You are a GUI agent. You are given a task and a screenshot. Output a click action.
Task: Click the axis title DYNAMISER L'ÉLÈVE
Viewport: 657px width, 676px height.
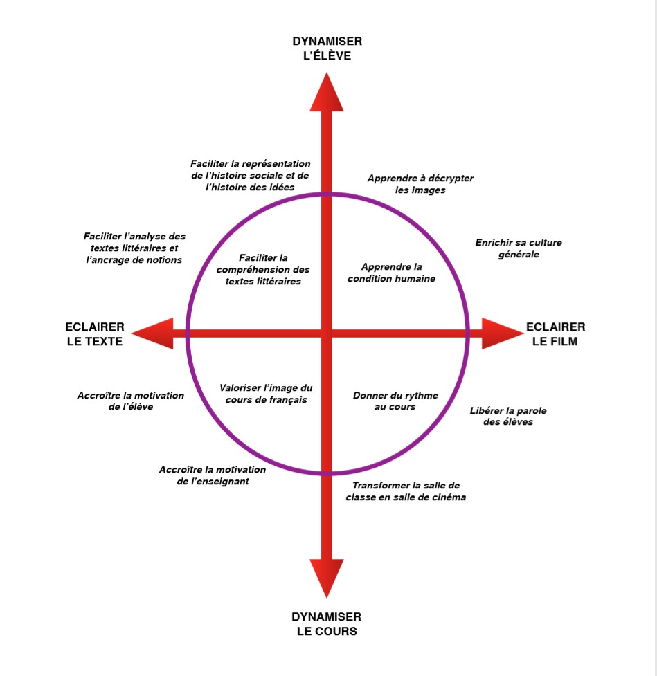326,48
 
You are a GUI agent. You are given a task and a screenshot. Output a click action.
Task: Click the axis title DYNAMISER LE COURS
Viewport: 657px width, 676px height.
326,624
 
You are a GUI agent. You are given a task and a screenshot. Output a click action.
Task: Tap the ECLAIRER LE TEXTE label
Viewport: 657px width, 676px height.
95,334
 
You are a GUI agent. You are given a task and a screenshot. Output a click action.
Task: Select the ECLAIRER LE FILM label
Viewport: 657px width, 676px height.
555,334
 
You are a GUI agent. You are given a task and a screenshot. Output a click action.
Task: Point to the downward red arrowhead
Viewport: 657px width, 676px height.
327,577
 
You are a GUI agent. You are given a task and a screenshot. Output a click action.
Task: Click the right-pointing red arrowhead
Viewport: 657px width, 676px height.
501,334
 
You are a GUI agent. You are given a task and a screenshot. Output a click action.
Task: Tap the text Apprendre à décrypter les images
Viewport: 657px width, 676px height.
420,184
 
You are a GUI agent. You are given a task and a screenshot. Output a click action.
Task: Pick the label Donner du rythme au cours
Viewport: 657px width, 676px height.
395,401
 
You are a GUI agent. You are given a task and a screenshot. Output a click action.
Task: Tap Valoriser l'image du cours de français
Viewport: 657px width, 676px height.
266,394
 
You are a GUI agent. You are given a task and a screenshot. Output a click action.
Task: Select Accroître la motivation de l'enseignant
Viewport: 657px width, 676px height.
213,475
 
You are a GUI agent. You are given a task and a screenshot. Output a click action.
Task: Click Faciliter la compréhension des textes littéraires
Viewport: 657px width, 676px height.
264,270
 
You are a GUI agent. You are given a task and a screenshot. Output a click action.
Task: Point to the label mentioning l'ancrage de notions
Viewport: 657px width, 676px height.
134,248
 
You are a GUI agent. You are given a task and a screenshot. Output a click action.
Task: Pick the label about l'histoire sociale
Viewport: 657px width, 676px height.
251,175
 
